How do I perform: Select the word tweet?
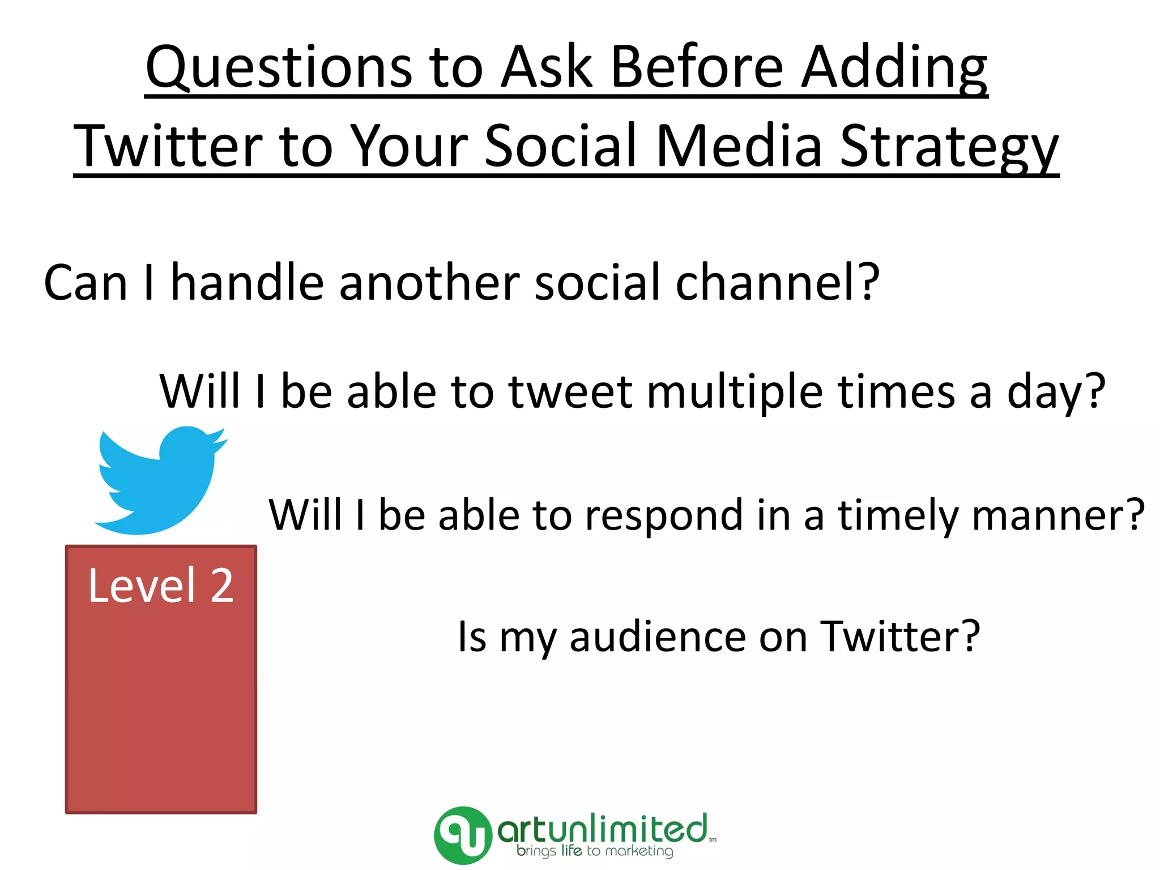pyautogui.click(x=570, y=392)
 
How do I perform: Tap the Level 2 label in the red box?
pyautogui.click(x=161, y=586)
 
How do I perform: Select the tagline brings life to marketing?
pyautogui.click(x=595, y=851)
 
